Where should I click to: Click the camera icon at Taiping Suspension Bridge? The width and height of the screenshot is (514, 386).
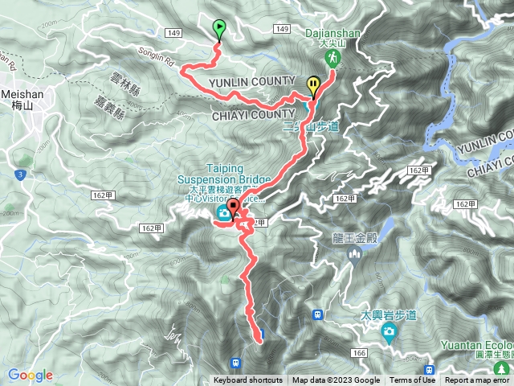pyautogui.click(x=222, y=213)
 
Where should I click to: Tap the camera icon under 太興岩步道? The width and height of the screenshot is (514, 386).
pyautogui.click(x=390, y=332)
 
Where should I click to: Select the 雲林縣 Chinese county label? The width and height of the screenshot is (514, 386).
pyautogui.click(x=125, y=80)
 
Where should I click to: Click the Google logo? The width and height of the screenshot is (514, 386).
pyautogui.click(x=30, y=375)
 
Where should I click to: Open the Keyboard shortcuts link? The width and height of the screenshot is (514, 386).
pyautogui.click(x=247, y=380)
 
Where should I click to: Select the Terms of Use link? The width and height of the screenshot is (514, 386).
pyautogui.click(x=412, y=380)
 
